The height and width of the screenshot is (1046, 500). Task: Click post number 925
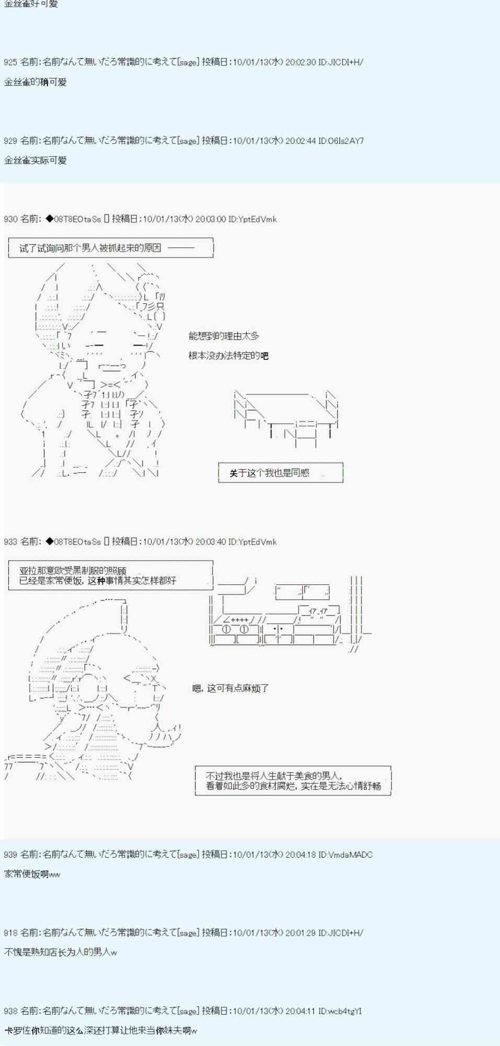point(10,62)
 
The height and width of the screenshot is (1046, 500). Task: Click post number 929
point(10,141)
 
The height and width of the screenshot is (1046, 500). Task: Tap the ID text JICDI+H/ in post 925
point(346,62)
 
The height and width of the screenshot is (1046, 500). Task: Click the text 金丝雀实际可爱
point(36,161)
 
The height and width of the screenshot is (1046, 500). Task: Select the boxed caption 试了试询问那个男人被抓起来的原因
point(90,248)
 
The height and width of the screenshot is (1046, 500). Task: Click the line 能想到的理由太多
point(224,336)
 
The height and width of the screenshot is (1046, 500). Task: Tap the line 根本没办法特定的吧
point(229,356)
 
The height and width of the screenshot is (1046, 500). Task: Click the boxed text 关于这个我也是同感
point(269,473)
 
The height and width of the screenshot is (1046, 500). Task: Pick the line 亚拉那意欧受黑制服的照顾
point(73,571)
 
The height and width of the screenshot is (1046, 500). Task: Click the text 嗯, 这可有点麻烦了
point(230,688)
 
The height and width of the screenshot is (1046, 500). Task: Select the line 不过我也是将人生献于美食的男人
point(274,776)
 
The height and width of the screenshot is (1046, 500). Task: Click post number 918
point(10,933)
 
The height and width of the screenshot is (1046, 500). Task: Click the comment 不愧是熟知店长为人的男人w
point(61,952)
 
